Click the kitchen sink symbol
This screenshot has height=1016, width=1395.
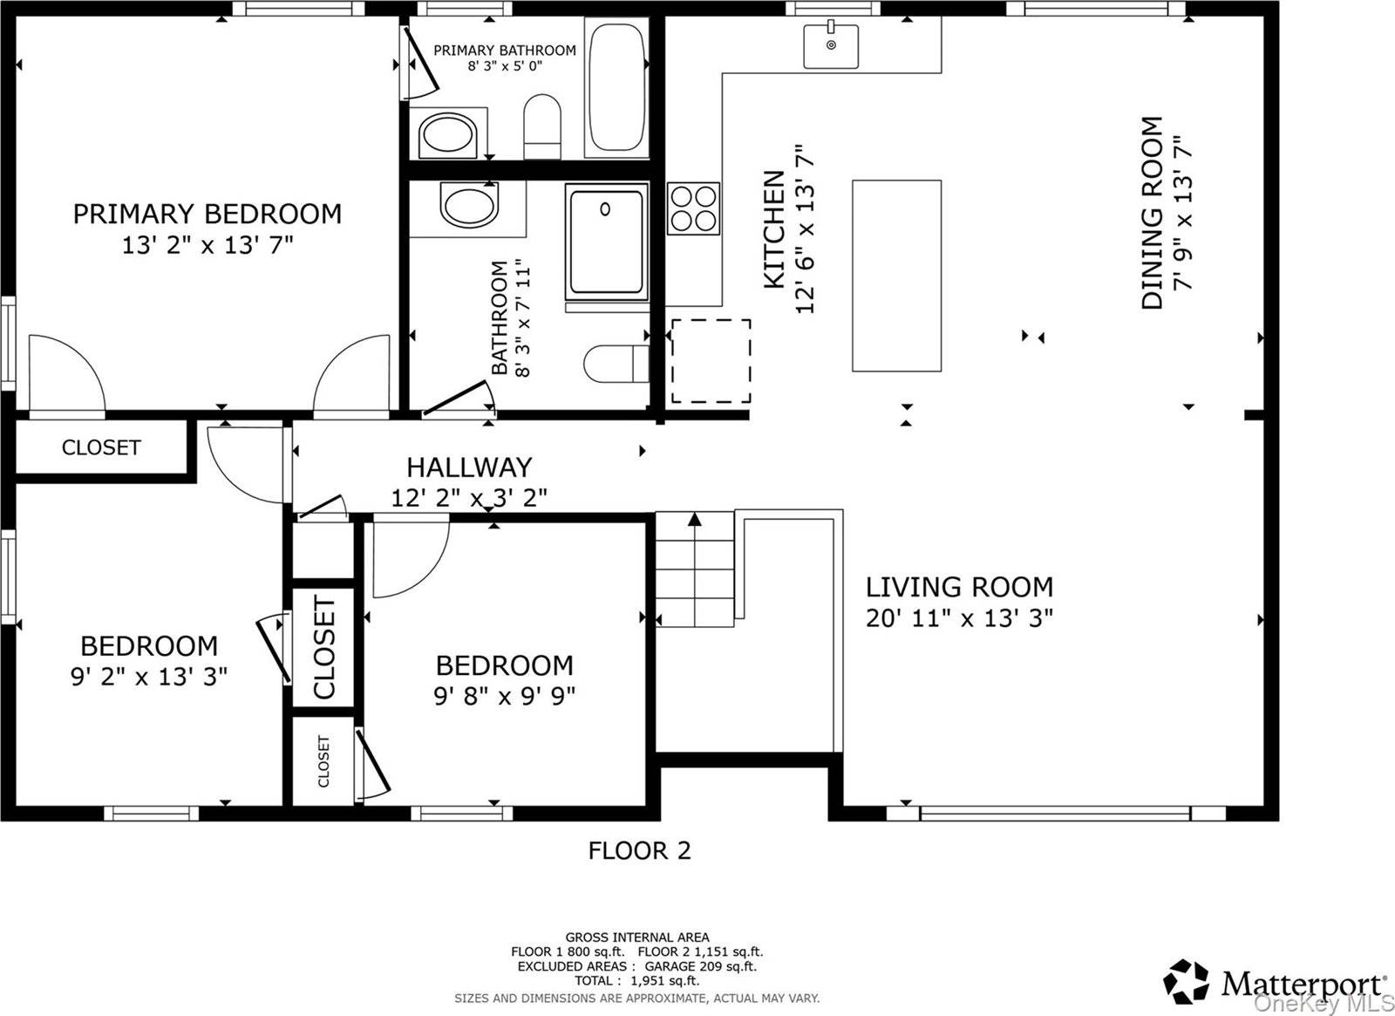[830, 45]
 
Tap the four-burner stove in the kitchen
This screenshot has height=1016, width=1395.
[693, 208]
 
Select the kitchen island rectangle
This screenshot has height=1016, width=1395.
[896, 276]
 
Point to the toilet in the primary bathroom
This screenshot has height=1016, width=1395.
[541, 127]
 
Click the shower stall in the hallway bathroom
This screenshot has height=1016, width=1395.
[606, 242]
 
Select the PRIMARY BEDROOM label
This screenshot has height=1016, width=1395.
[207, 214]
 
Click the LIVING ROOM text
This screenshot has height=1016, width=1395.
[959, 587]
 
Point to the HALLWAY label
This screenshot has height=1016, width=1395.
[469, 467]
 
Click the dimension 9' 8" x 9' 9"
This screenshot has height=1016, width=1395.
[504, 696]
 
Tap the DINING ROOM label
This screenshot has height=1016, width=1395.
[1152, 213]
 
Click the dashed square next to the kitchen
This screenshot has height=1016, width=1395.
[711, 361]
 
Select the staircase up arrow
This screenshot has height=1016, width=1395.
[694, 520]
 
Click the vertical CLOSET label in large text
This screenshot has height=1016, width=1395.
[323, 647]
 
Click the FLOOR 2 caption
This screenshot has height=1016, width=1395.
[639, 850]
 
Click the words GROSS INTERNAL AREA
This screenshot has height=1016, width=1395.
[637, 938]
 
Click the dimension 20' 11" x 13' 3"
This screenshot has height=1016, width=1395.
[959, 618]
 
